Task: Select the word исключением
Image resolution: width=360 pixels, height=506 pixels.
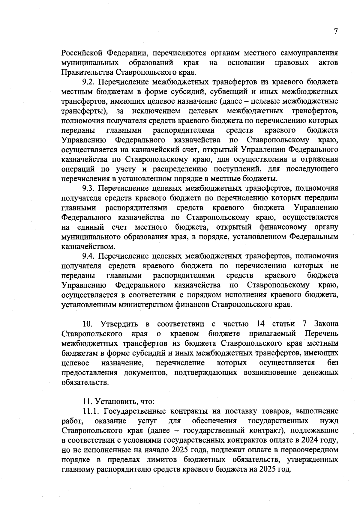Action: click(x=156, y=111)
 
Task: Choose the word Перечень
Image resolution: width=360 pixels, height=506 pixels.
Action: click(x=321, y=334)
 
